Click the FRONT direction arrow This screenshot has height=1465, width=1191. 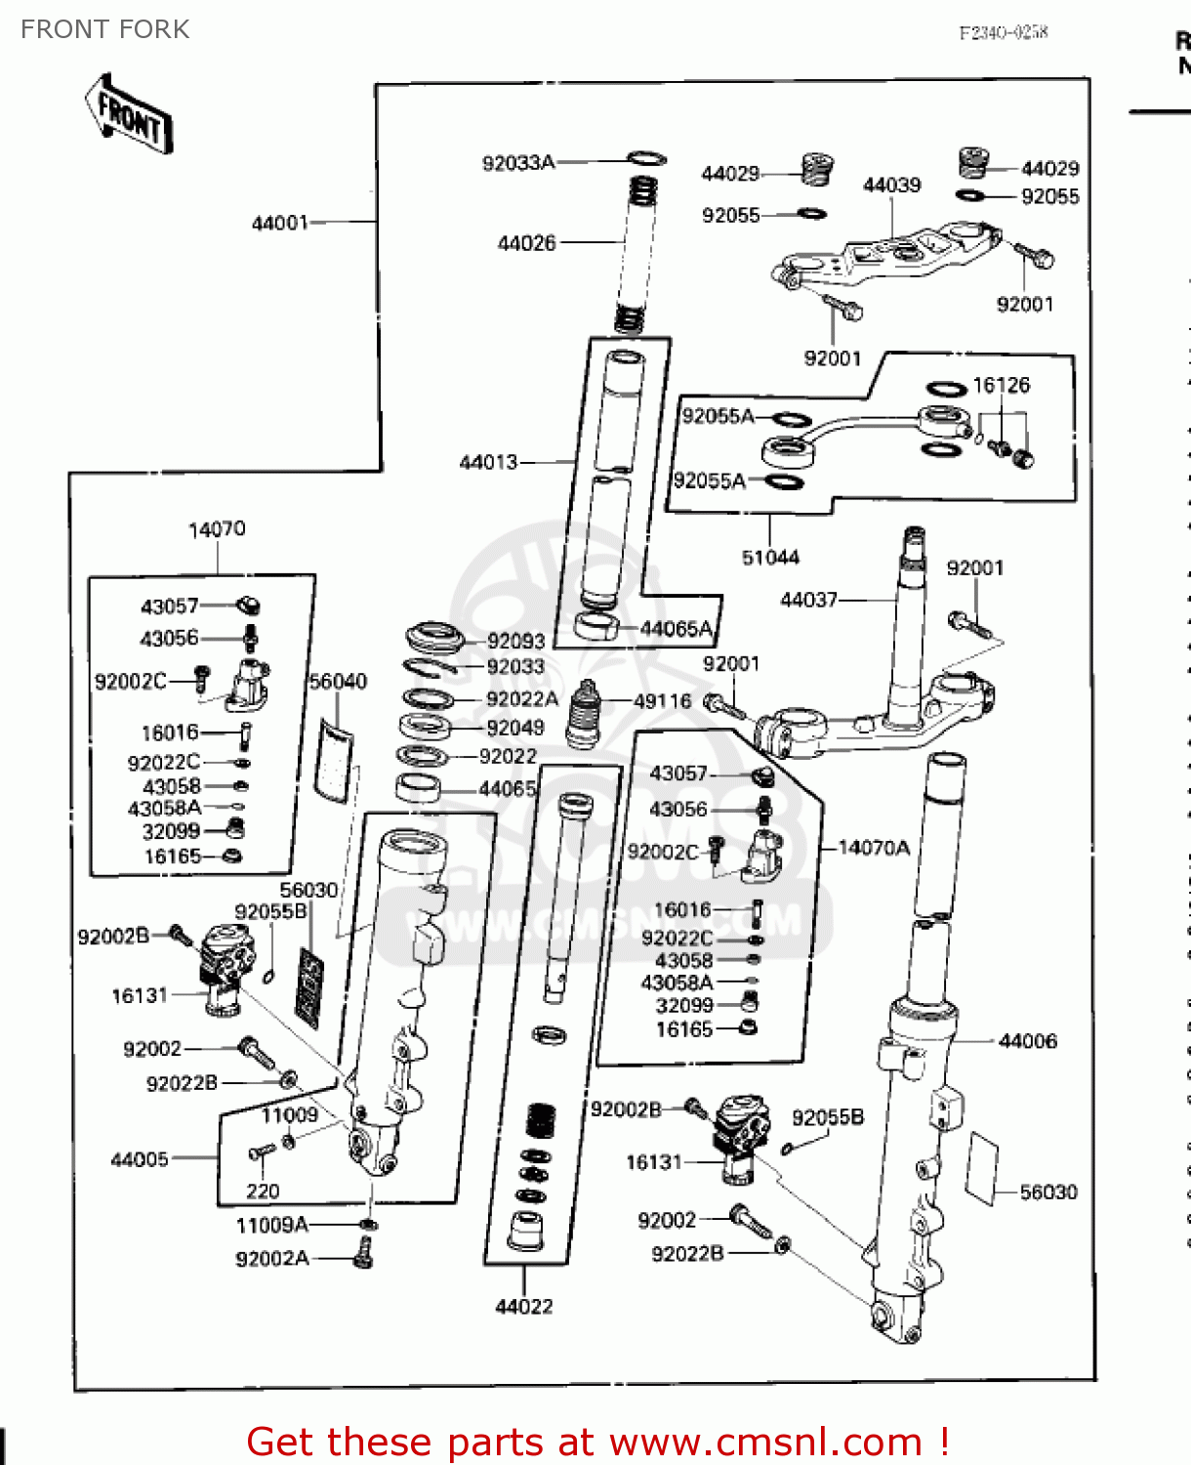pyautogui.click(x=128, y=115)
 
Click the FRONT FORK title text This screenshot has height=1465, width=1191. pyautogui.click(x=104, y=29)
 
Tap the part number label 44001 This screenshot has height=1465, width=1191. pyautogui.click(x=279, y=223)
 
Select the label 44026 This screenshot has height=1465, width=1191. pyautogui.click(x=526, y=243)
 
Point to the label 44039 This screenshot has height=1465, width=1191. pyautogui.click(x=891, y=186)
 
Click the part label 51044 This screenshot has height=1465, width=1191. pyautogui.click(x=770, y=558)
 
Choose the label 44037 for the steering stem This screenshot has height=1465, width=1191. pyautogui.click(x=808, y=600)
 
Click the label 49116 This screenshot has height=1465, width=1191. pyautogui.click(x=663, y=701)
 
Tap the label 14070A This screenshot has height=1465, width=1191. pyautogui.click(x=874, y=848)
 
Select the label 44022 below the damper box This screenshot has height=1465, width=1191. pyautogui.click(x=524, y=1307)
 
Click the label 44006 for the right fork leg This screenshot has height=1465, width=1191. pyautogui.click(x=1028, y=1041)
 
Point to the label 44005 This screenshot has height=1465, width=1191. pyautogui.click(x=140, y=1159)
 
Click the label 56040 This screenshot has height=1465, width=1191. pyautogui.click(x=338, y=682)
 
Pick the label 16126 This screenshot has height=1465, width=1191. pyautogui.click(x=1001, y=386)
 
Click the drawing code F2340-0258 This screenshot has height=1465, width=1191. pyautogui.click(x=1003, y=32)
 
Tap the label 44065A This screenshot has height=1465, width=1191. pyautogui.click(x=677, y=629)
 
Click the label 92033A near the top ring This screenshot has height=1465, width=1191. pyautogui.click(x=517, y=163)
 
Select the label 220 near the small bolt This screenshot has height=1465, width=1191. pyautogui.click(x=263, y=1192)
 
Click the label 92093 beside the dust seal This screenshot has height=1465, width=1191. pyautogui.click(x=515, y=642)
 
